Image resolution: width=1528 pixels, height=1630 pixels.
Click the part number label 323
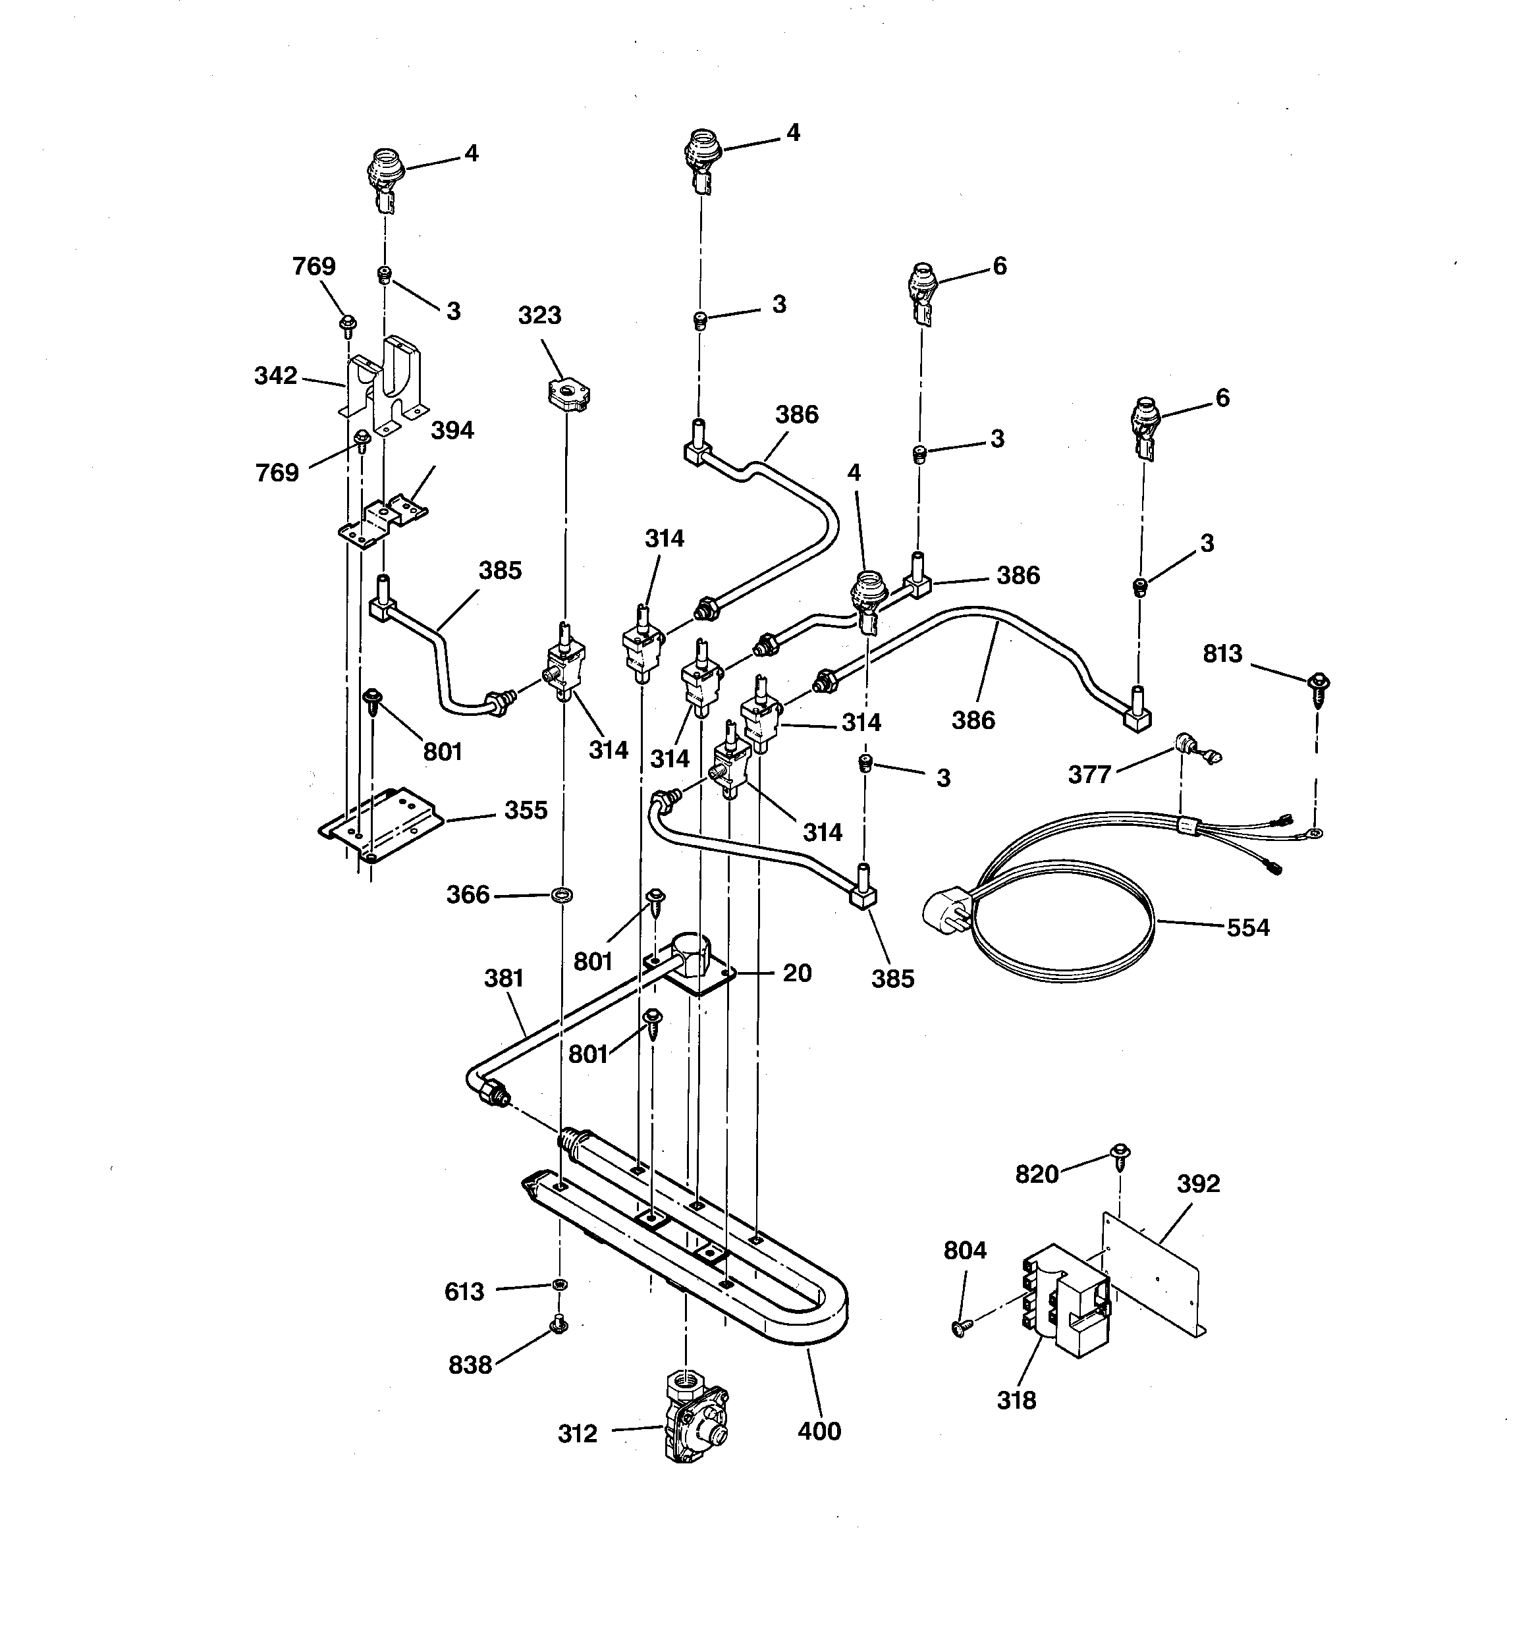pos(539,315)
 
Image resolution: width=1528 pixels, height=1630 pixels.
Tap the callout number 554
pos(1247,927)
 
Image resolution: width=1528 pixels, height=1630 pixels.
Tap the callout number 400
pos(819,1430)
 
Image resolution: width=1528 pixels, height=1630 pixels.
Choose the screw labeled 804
pos(959,1328)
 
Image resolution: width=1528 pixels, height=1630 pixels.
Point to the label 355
pos(525,810)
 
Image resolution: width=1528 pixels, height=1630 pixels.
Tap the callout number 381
pos(503,977)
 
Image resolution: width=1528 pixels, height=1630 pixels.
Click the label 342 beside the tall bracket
pos(275,375)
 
